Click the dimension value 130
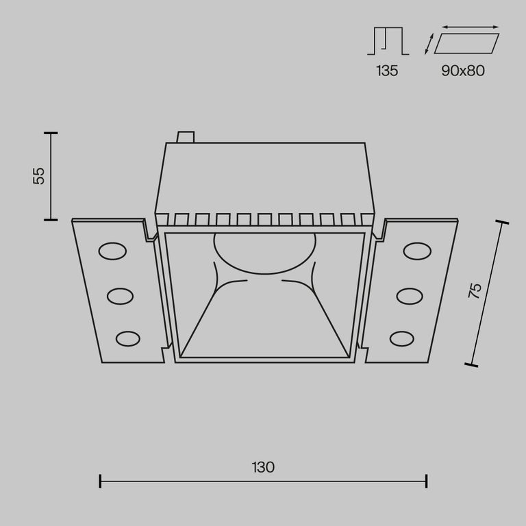click(263, 468)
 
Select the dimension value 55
click(39, 176)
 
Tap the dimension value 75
click(475, 290)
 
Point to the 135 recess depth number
click(387, 71)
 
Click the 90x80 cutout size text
click(463, 71)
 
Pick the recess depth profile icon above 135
click(388, 42)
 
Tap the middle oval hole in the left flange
click(121, 295)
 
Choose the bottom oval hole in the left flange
click(128, 338)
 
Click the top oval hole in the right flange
click(416, 251)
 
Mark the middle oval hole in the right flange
click(408, 295)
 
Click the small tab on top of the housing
click(185, 137)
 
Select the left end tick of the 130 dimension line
click(101, 481)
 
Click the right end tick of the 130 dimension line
click(427, 481)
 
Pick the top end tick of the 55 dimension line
click(51, 133)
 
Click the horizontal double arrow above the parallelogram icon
click(471, 27)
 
